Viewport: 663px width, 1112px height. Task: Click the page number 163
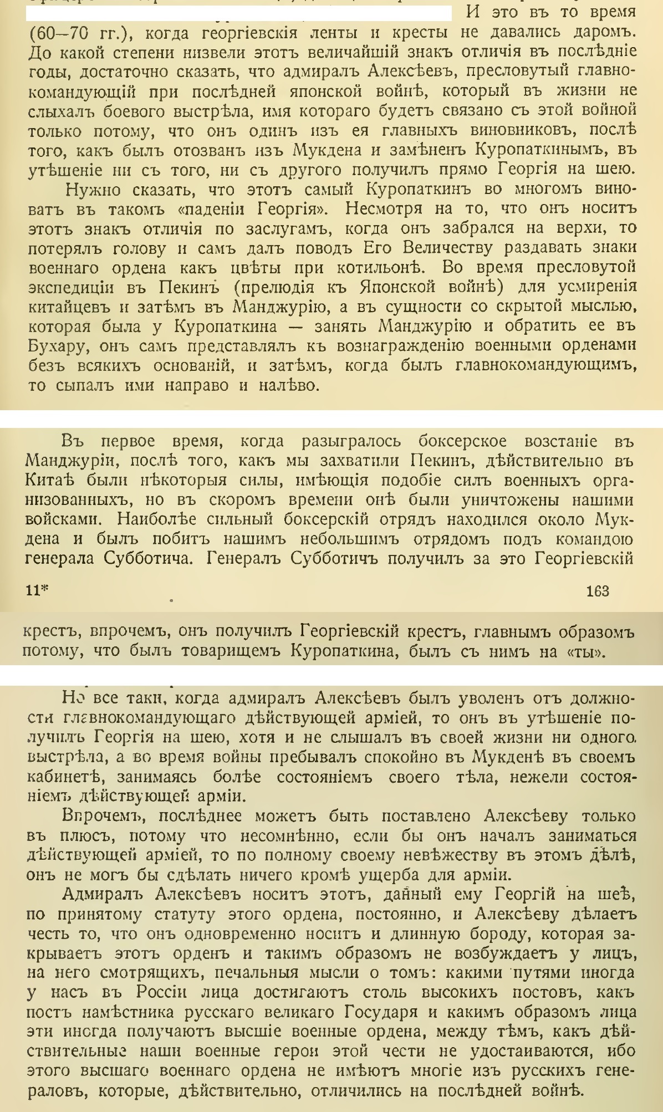click(597, 591)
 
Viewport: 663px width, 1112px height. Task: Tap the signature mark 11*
click(37, 591)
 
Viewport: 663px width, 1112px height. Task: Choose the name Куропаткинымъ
click(547, 150)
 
